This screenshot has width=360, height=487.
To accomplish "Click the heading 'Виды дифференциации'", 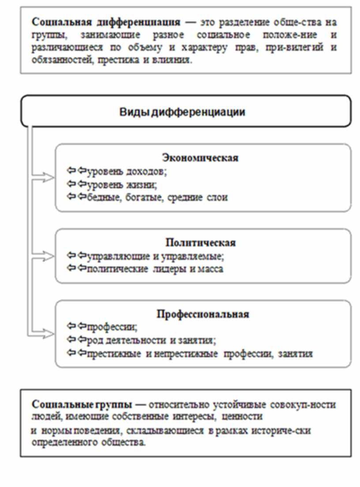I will [x=182, y=112].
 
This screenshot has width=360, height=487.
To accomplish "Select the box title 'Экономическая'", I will [x=200, y=158].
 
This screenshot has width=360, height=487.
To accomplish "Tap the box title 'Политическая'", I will [x=201, y=243].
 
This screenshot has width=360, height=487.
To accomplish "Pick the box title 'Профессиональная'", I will [x=203, y=314].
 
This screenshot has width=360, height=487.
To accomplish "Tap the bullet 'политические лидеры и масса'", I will [x=154, y=269].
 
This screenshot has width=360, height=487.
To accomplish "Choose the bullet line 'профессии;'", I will [x=112, y=327].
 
